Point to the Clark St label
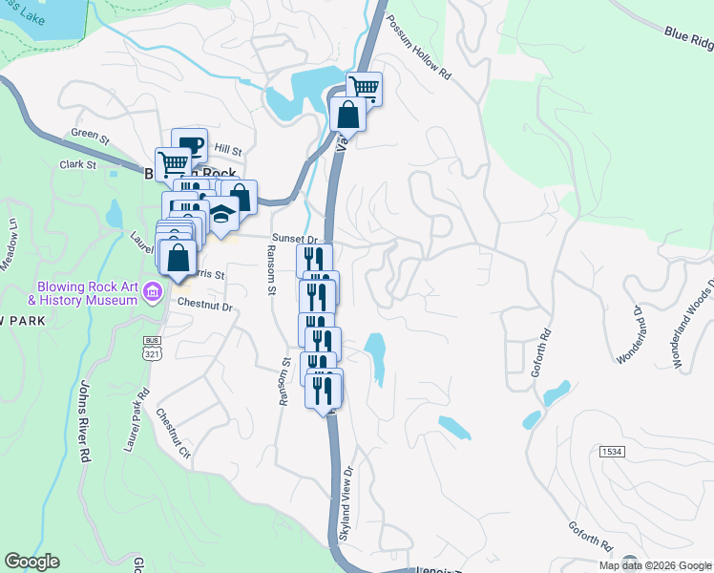click(78, 164)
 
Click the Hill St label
click(228, 150)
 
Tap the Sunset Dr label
click(294, 238)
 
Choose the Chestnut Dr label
click(205, 307)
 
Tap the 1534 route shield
click(612, 449)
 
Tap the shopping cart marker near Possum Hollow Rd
click(364, 89)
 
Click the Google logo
click(32, 562)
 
